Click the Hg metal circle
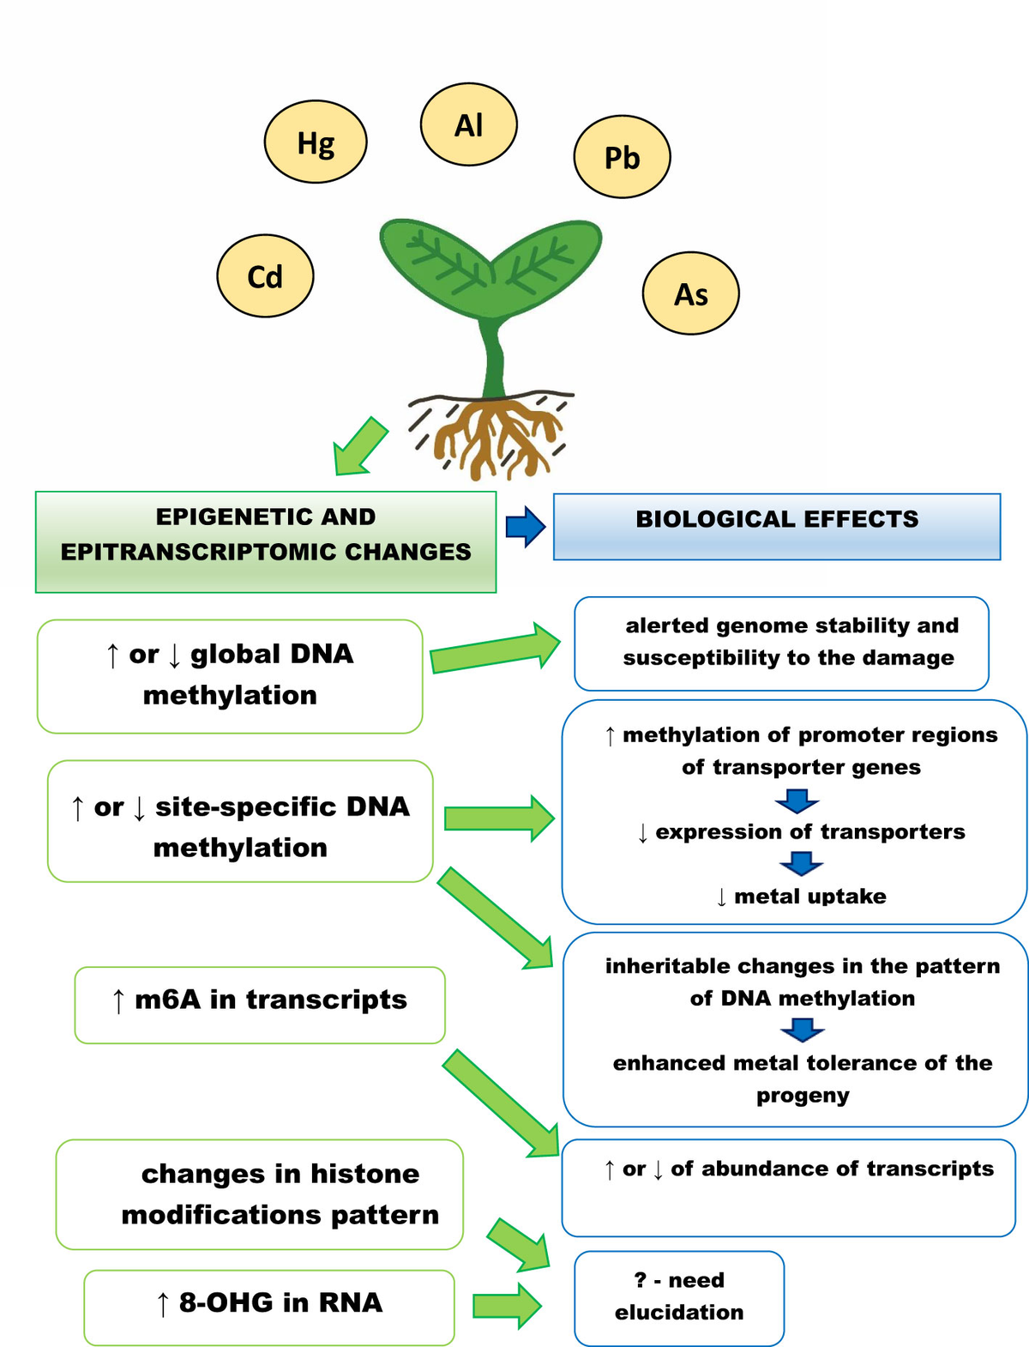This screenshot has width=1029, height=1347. tap(316, 142)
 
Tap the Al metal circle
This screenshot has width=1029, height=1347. tap(468, 125)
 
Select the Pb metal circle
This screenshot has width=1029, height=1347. tap(622, 157)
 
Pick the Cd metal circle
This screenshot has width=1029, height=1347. tap(265, 276)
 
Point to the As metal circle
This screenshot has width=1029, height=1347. tap(690, 293)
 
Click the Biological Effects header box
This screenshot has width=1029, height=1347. tap(777, 527)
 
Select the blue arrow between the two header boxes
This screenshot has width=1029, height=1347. tap(525, 527)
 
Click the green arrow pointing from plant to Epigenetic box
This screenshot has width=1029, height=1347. tap(359, 446)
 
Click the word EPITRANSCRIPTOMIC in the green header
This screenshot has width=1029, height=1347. tap(199, 552)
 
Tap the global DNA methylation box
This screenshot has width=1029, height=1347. tap(230, 675)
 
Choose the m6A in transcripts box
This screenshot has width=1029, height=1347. tap(260, 1005)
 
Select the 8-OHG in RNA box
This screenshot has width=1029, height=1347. tap(269, 1307)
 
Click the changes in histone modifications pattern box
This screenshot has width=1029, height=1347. tap(259, 1194)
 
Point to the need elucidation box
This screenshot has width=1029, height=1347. tap(678, 1297)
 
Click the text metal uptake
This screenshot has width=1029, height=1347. tap(809, 897)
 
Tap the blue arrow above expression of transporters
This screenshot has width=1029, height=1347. tap(797, 800)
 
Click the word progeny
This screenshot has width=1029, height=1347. tap(803, 1096)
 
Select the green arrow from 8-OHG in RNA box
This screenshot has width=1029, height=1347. tap(506, 1306)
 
